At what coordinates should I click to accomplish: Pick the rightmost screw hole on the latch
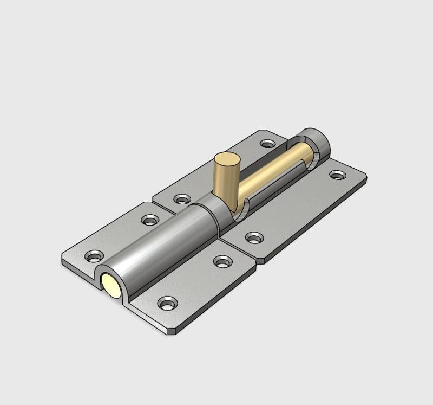coord(338,175)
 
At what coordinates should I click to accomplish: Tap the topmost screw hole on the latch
coord(267,144)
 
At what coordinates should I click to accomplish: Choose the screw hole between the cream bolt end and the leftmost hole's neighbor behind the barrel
coord(150,220)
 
